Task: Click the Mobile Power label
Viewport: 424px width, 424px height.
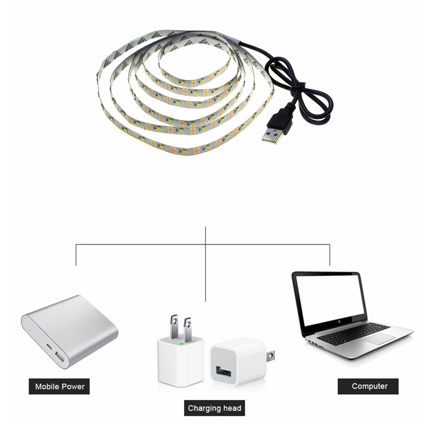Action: coord(59,386)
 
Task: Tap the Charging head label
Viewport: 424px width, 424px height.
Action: coord(215,408)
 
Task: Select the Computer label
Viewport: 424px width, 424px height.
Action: coord(368,386)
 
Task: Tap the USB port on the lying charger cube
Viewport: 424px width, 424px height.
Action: coord(223,371)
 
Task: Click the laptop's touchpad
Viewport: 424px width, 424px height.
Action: coord(378,339)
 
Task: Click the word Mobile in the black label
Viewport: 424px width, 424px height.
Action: coord(47,386)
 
